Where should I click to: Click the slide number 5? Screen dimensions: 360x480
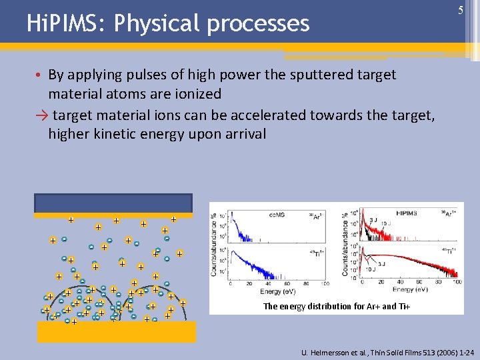point(460,11)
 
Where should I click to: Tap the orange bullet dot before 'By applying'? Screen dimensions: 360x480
point(40,75)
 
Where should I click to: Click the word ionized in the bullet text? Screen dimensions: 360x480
point(193,94)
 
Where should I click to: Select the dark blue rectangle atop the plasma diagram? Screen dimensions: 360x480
point(114,203)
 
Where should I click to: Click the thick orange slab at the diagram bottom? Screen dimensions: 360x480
point(117,331)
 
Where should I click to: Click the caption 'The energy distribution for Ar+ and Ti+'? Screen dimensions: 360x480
point(337,306)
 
